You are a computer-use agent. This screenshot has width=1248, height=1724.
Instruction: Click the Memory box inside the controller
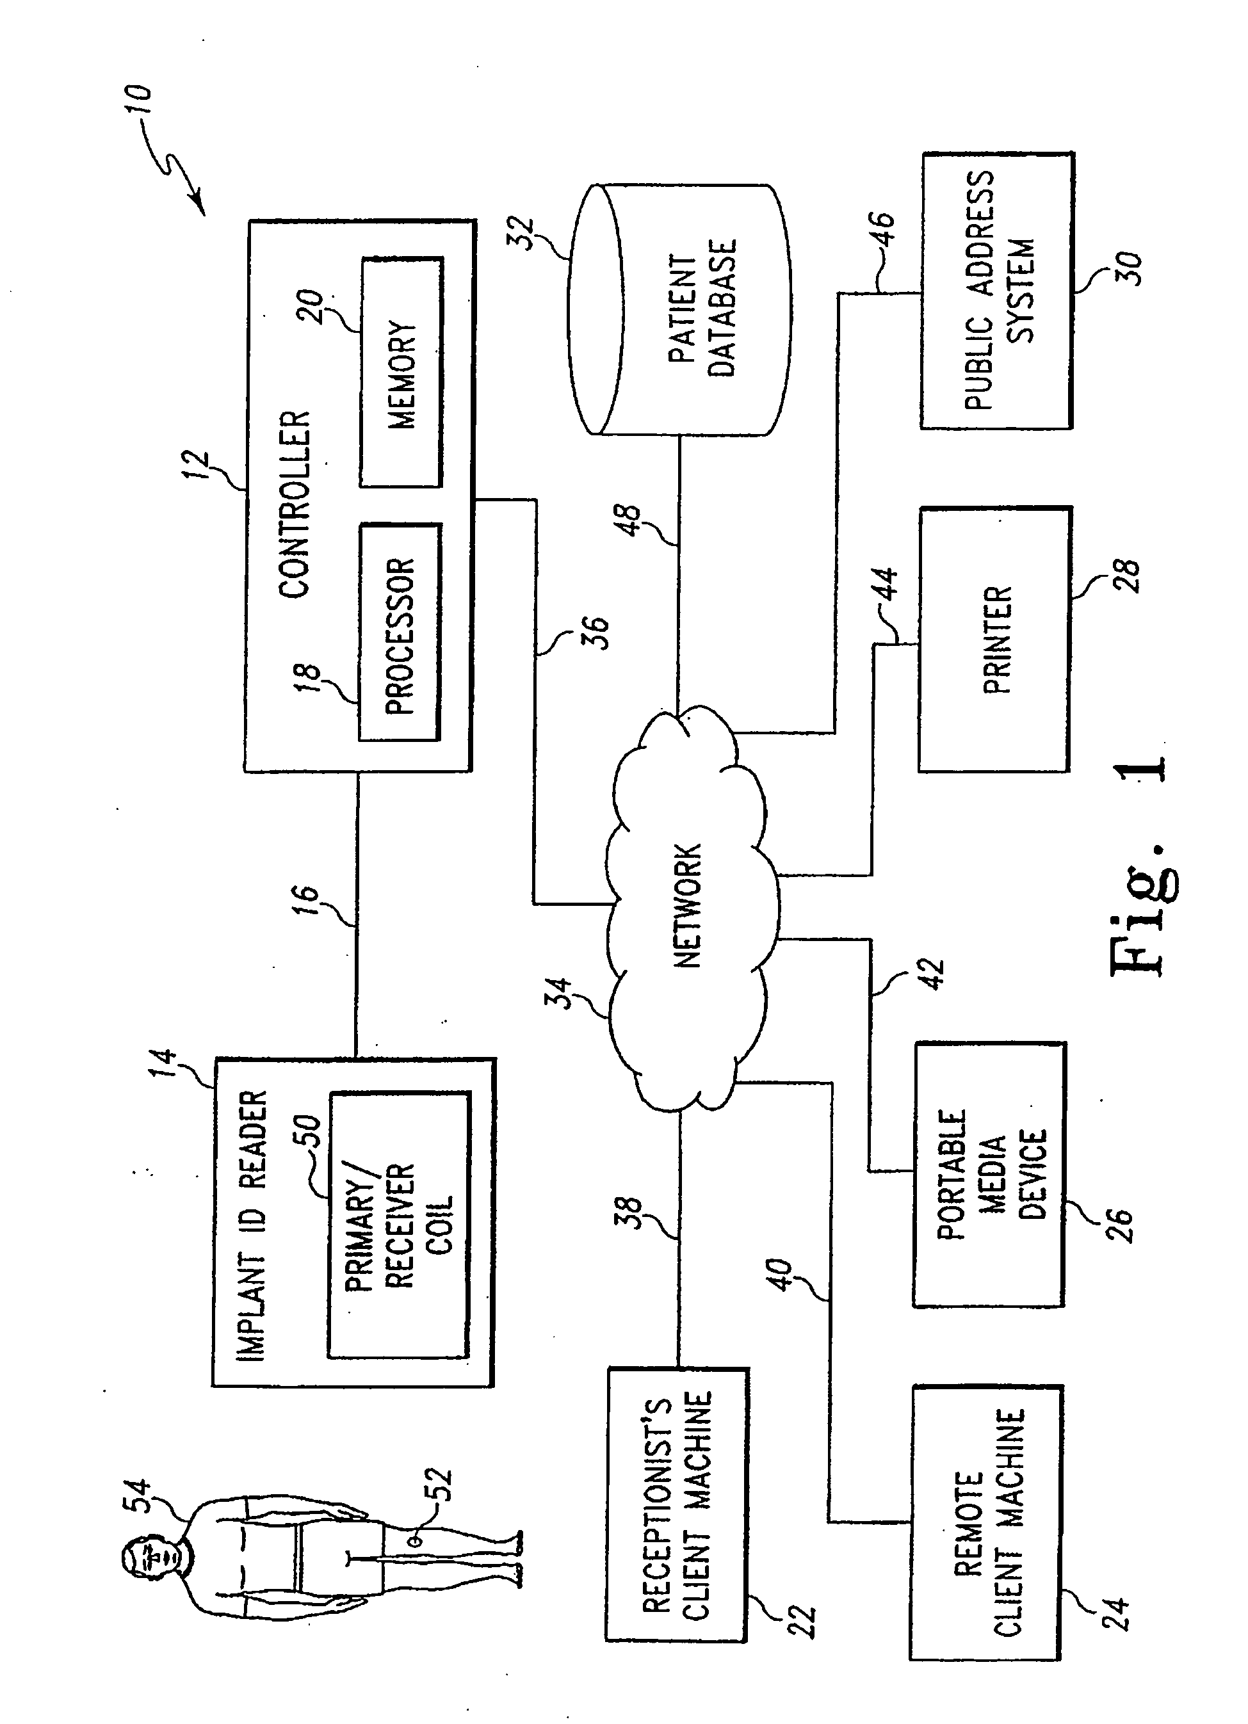coord(401,373)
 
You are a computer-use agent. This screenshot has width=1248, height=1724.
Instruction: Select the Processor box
coord(400,632)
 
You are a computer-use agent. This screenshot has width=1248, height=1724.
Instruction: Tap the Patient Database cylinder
coord(679,309)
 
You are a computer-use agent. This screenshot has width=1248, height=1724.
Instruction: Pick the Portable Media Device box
coord(989,1175)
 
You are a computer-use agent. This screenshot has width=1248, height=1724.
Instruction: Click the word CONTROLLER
coord(295,504)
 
